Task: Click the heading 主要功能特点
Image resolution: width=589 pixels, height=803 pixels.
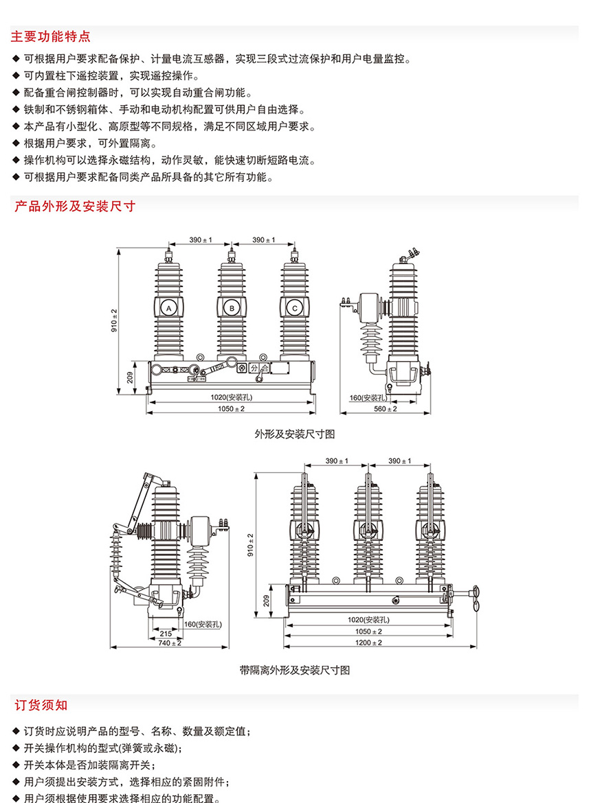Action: click(51, 36)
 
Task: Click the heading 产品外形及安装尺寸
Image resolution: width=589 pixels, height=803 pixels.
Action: click(75, 207)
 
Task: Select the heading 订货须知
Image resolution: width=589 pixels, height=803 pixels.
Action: click(41, 705)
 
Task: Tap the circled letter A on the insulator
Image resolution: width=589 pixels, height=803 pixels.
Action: click(168, 308)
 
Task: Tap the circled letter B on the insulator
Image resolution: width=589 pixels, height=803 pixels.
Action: click(232, 308)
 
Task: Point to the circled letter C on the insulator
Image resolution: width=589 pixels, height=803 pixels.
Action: click(294, 308)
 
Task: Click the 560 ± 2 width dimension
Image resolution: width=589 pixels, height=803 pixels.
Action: click(385, 408)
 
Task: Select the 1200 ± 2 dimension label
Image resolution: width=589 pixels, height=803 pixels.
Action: click(368, 642)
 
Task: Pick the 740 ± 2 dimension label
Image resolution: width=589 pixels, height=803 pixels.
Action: click(170, 642)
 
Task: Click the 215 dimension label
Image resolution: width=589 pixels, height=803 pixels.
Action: click(166, 633)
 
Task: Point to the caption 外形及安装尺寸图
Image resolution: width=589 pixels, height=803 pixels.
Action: click(295, 434)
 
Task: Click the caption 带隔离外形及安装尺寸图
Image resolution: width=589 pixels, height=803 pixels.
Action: click(295, 671)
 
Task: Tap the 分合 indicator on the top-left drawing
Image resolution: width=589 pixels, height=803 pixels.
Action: click(259, 368)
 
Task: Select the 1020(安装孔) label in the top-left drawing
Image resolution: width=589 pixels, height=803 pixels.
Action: click(231, 397)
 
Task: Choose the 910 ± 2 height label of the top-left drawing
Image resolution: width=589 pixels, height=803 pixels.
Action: click(114, 320)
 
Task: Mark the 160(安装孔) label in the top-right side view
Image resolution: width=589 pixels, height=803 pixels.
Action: click(368, 398)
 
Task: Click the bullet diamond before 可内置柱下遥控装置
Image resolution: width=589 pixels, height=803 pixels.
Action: click(16, 75)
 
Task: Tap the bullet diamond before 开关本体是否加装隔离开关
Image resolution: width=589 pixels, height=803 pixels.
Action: click(16, 765)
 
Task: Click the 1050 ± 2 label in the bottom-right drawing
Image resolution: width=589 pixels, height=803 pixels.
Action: click(368, 631)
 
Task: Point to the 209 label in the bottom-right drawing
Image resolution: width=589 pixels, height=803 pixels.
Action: click(266, 601)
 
